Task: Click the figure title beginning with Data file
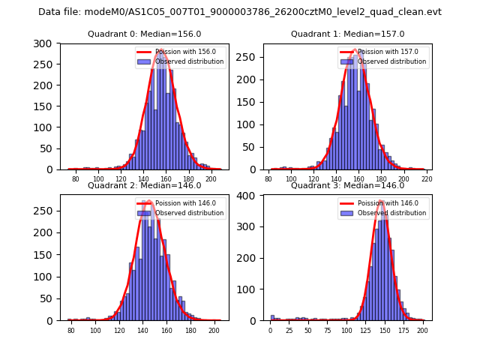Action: pyautogui.click(x=240, y=12)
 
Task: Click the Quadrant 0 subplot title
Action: pyautogui.click(x=144, y=34)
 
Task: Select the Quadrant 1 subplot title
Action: pyautogui.click(x=347, y=34)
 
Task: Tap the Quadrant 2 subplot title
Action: pyautogui.click(x=144, y=185)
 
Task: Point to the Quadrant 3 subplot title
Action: pyautogui.click(x=347, y=185)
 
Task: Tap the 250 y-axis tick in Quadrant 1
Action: pyautogui.click(x=244, y=57)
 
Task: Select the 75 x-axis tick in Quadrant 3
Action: pyautogui.click(x=327, y=331)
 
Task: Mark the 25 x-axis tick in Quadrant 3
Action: pyautogui.click(x=289, y=331)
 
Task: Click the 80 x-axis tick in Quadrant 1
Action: pyautogui.click(x=268, y=180)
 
